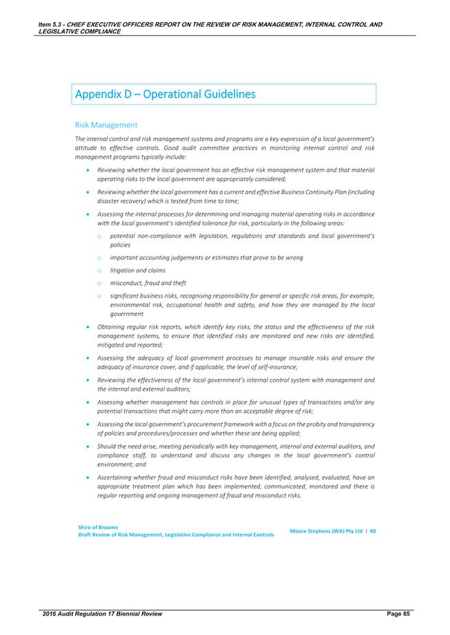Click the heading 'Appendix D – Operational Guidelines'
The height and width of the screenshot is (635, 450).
pos(165,94)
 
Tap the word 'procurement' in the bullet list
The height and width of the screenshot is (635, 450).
pos(217,424)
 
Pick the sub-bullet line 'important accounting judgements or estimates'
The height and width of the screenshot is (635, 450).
pos(207,257)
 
